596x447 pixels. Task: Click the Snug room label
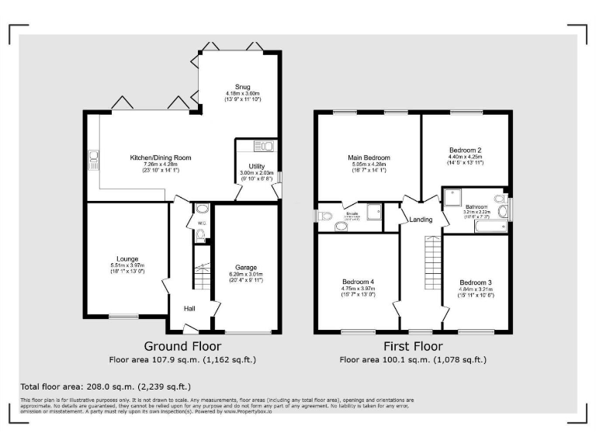[238, 87]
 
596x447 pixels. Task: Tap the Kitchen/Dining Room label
[160, 158]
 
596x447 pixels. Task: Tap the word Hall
[189, 308]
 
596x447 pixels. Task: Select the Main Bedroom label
[369, 158]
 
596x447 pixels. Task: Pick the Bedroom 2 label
[466, 150]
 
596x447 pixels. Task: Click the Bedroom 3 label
[475, 282]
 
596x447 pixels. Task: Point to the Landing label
[421, 220]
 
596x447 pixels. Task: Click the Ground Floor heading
[183, 346]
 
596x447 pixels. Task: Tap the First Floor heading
[413, 346]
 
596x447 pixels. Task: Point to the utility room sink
[263, 144]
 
